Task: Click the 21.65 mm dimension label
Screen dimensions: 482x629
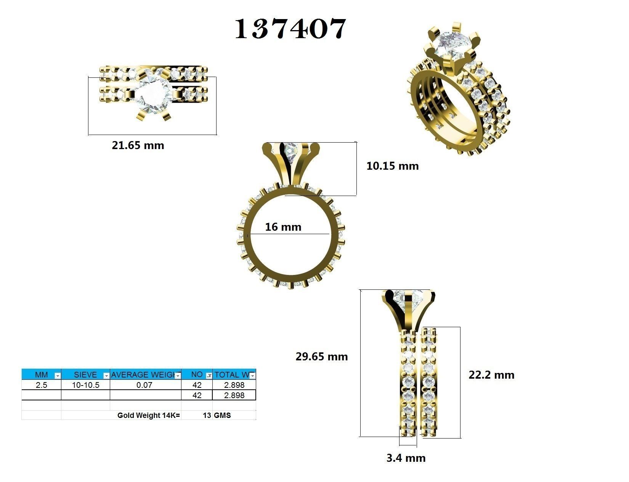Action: [x=138, y=145]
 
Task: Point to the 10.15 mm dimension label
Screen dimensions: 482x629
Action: [x=392, y=166]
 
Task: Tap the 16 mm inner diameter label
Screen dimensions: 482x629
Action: [x=283, y=227]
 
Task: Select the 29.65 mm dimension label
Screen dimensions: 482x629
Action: [x=321, y=357]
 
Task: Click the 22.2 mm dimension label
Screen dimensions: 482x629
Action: [x=491, y=375]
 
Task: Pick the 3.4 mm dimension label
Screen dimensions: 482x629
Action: [x=406, y=458]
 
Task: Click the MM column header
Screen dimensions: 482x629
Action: [x=41, y=375]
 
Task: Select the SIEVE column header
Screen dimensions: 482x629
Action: [x=85, y=375]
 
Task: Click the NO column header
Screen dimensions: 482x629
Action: [x=196, y=375]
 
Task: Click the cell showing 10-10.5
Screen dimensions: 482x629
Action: [x=85, y=385]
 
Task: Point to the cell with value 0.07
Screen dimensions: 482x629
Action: [x=144, y=385]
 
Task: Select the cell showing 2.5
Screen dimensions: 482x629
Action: [x=41, y=385]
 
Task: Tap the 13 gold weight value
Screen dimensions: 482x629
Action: [x=207, y=415]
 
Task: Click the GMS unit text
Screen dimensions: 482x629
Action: [x=222, y=415]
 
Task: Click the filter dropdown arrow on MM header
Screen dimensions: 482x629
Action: [x=57, y=376]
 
